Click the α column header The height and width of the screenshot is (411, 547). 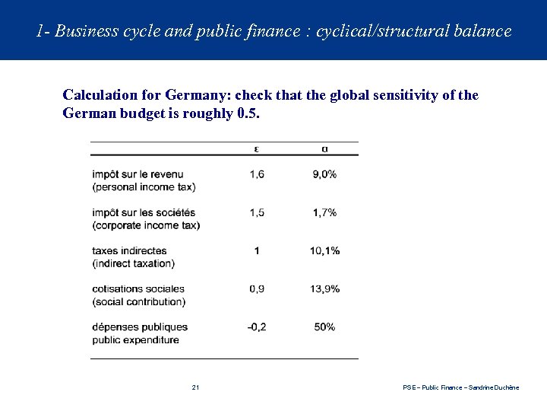click(324, 148)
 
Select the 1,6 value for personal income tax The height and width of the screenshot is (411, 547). click(257, 174)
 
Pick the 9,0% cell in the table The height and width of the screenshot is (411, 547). click(324, 174)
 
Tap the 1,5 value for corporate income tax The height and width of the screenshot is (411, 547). click(257, 212)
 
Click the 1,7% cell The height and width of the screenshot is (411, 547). click(324, 212)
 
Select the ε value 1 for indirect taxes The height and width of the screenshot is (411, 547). click(257, 250)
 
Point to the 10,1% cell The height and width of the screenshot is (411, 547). click(324, 250)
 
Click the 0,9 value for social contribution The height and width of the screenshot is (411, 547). click(257, 288)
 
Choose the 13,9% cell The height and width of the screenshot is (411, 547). click(324, 288)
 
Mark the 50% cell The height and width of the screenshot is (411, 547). click(324, 327)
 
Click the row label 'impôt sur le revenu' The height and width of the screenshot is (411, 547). click(137, 174)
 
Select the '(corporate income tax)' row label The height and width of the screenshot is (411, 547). click(146, 225)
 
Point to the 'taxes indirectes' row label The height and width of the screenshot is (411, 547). click(128, 250)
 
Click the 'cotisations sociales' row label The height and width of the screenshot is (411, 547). click(139, 288)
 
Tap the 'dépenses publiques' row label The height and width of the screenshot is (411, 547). click(139, 327)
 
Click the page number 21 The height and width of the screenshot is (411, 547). click(195, 388)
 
